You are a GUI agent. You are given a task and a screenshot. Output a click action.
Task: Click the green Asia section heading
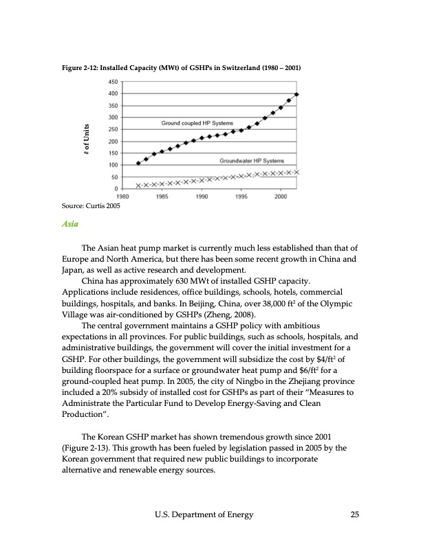click(68, 224)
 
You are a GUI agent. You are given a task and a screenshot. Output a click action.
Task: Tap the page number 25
click(354, 514)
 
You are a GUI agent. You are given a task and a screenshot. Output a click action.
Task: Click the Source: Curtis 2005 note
click(90, 205)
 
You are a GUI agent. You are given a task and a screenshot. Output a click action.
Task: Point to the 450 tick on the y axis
click(114, 82)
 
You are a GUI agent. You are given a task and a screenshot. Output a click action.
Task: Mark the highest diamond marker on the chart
click(296, 94)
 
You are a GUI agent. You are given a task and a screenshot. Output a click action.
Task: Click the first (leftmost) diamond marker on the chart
click(138, 163)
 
